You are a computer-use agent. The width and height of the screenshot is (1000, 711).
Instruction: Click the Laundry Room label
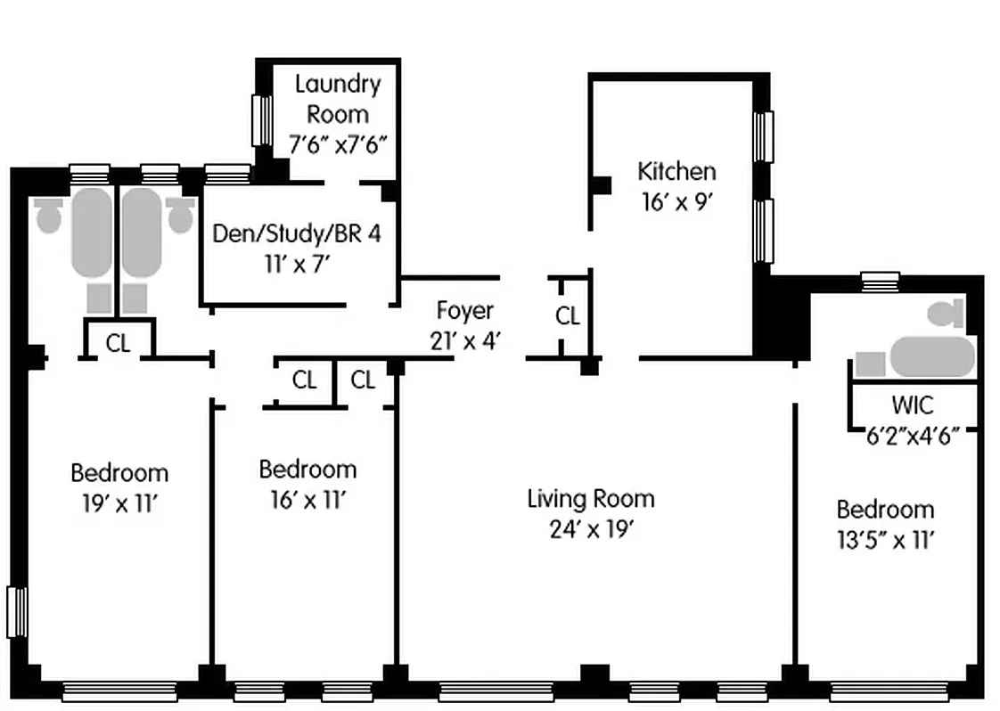(337, 99)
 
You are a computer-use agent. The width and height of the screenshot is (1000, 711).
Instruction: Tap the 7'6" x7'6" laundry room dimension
(338, 143)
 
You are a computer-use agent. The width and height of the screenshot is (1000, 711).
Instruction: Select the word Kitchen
(676, 171)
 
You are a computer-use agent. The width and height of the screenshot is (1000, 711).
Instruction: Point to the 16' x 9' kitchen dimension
(676, 202)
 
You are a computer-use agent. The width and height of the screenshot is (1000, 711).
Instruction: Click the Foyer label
(464, 310)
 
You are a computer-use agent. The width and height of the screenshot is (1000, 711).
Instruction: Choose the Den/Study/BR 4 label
(296, 233)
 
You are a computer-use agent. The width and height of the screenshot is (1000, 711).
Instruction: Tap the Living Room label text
(590, 498)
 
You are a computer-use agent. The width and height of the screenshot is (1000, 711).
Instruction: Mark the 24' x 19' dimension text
(591, 529)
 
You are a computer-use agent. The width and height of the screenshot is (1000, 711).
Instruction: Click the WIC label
(913, 405)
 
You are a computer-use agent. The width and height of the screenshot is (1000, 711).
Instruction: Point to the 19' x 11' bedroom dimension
(119, 503)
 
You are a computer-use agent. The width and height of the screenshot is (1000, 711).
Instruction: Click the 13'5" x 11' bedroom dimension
(885, 540)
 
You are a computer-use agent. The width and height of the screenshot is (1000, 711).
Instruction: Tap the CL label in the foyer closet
(568, 316)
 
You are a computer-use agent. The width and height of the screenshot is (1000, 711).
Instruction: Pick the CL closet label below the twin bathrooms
(118, 344)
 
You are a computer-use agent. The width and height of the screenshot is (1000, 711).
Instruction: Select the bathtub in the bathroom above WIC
(930, 356)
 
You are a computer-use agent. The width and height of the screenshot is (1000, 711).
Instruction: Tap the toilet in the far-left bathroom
(48, 215)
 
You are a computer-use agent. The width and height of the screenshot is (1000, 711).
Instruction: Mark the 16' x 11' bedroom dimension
(307, 500)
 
